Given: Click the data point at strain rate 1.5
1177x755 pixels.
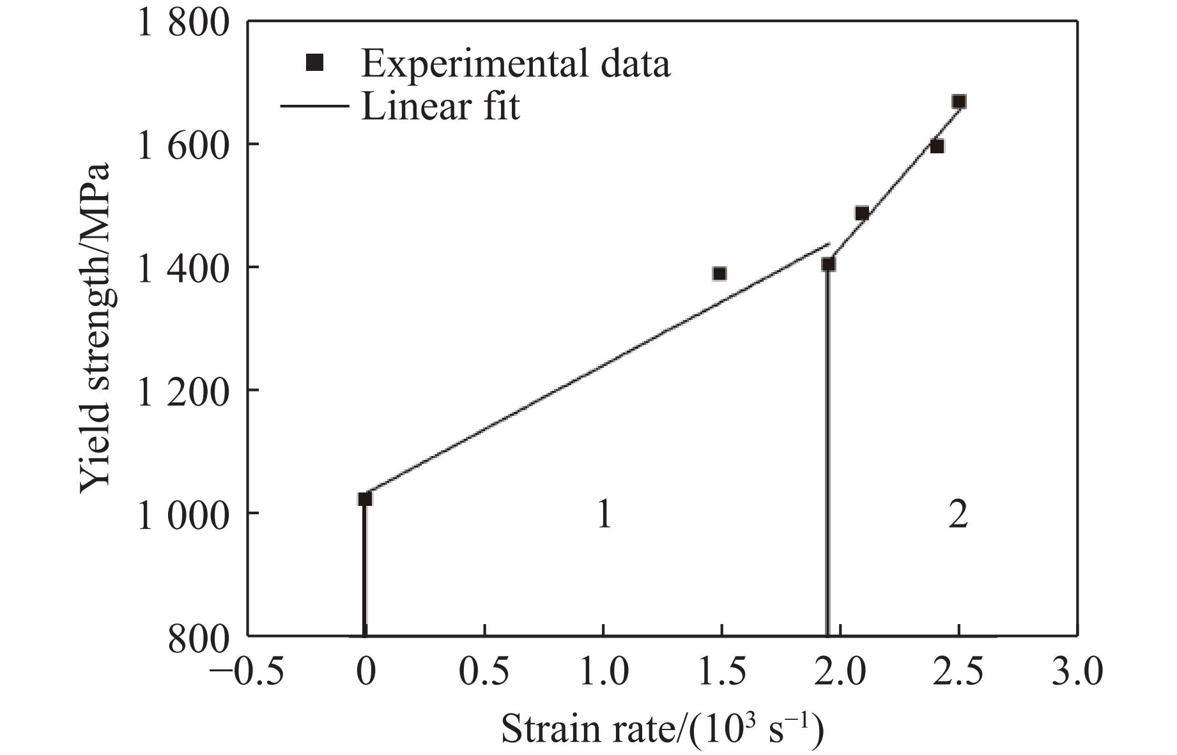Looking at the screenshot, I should pyautogui.click(x=719, y=273).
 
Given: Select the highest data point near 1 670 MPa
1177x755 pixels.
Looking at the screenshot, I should pyautogui.click(x=958, y=102).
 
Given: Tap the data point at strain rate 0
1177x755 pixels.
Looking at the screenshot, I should pyautogui.click(x=364, y=498).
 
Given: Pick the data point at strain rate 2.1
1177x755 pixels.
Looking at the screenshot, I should pyautogui.click(x=861, y=213).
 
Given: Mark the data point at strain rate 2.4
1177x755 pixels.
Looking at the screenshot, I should pyautogui.click(x=937, y=146).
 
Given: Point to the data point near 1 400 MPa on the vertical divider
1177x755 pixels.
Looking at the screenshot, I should pyautogui.click(x=828, y=264).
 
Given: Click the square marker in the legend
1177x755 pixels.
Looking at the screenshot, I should pyautogui.click(x=315, y=63).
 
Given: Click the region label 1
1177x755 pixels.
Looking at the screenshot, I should pyautogui.click(x=604, y=514).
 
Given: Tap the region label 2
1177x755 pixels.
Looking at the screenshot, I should pyautogui.click(x=957, y=514).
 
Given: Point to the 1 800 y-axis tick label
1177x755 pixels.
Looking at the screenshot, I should pyautogui.click(x=183, y=24).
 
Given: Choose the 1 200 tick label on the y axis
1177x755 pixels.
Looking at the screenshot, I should pyautogui.click(x=183, y=392).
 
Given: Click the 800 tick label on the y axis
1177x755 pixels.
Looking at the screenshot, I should pyautogui.click(x=198, y=637).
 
